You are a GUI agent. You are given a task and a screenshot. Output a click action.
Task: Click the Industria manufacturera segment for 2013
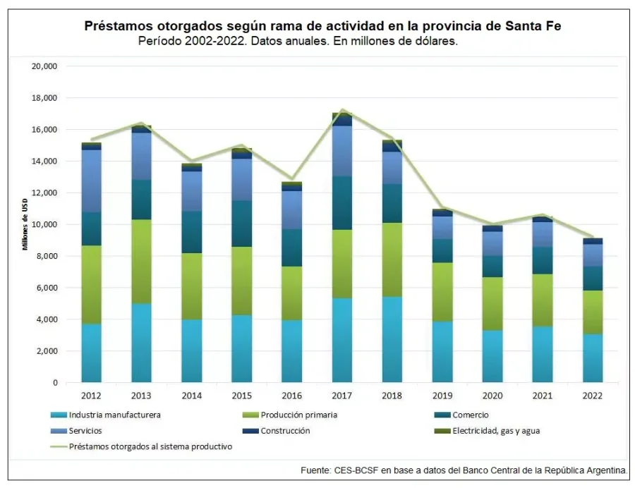(141, 343)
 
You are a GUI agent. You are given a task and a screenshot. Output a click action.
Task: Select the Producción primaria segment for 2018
(392, 260)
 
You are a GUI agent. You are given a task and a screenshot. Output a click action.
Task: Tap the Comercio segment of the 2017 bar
(342, 203)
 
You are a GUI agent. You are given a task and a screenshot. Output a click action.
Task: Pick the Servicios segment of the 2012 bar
(91, 181)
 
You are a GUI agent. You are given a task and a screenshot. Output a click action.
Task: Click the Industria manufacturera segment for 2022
(593, 358)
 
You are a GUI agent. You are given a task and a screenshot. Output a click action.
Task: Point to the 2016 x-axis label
(292, 396)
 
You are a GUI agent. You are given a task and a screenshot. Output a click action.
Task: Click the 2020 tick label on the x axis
(492, 396)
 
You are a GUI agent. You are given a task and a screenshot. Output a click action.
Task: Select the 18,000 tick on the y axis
(44, 98)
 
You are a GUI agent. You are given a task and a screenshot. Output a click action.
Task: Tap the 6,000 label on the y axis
(47, 288)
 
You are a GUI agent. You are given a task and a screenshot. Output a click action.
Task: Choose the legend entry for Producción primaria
(298, 415)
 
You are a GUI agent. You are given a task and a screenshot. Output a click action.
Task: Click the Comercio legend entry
(470, 415)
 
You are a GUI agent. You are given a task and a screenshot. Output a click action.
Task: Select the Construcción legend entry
(285, 430)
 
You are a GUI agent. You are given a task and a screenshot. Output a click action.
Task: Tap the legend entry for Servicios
(86, 430)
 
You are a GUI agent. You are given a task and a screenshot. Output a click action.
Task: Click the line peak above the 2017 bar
(342, 110)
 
